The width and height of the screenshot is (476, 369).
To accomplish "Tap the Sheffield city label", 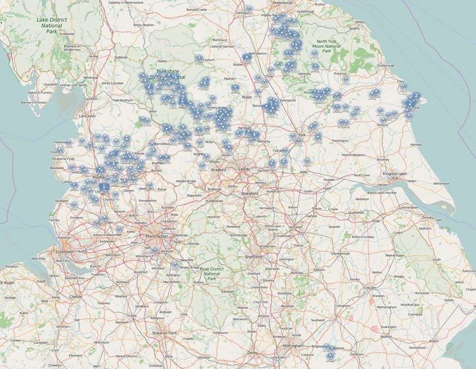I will (253, 257).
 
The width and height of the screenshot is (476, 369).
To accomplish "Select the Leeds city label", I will (244, 169).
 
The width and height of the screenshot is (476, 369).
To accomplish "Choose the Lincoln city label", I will (370, 288).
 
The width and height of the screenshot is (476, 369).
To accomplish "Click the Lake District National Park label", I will (52, 25).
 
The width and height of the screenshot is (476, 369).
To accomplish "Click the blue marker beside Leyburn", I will (199, 59).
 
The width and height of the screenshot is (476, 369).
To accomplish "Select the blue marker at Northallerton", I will (247, 58).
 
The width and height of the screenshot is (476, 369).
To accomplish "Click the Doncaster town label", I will (296, 227).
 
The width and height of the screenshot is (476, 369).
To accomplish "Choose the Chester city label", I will (76, 296).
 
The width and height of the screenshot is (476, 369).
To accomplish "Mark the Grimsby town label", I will (428, 218).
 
